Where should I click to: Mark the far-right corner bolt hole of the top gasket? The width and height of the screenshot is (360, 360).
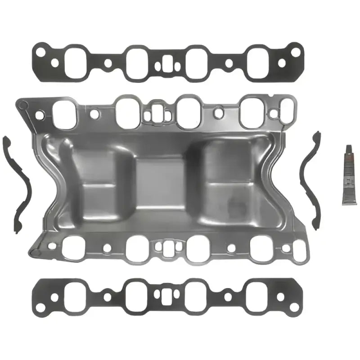click(x=295, y=52)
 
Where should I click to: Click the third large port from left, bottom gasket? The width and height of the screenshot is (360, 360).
click(x=196, y=297)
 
